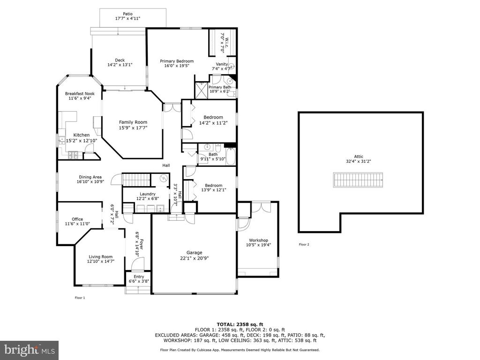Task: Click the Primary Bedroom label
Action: [x=177, y=61]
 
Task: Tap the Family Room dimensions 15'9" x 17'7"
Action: [x=133, y=127]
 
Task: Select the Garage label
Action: [x=195, y=253]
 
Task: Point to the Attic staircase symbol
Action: [x=358, y=180]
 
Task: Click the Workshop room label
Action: [x=258, y=240]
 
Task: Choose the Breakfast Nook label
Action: [x=80, y=94]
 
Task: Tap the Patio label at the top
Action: [x=127, y=14]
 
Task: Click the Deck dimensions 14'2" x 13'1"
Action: [x=120, y=65]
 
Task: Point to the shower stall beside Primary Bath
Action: [x=202, y=90]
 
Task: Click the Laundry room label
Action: [x=148, y=194]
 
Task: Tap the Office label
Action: [x=77, y=219]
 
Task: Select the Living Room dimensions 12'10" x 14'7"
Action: [x=101, y=262]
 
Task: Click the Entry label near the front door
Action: [x=139, y=277]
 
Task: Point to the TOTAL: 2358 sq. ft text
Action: [x=240, y=324]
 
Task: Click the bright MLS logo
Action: [x=30, y=350]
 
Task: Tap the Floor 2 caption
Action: [x=304, y=244]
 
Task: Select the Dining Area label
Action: [x=90, y=177]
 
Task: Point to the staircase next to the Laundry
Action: [x=136, y=180]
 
